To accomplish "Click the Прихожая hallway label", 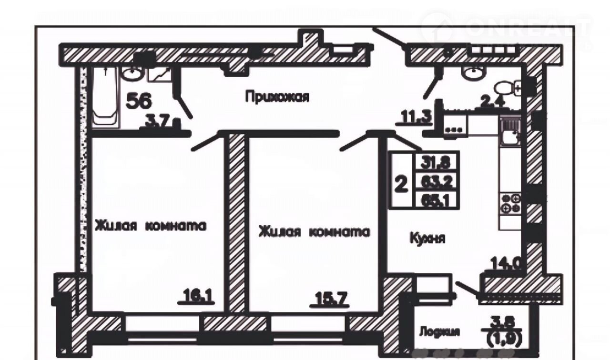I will pos(277,97).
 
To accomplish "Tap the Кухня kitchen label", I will pos(427,238).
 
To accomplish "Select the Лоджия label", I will pos(439,332).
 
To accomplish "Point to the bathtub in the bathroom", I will pos(104,98).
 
